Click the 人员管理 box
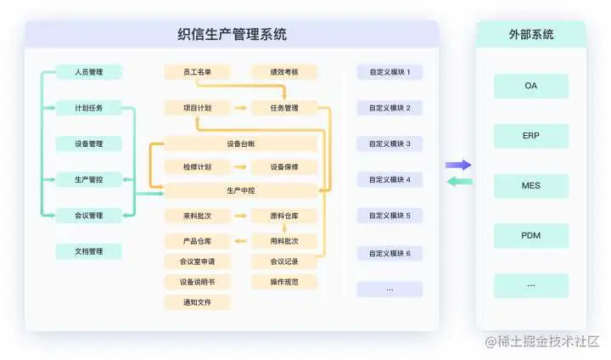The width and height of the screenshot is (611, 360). tap(89, 72)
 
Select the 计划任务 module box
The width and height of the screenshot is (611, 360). tap(89, 108)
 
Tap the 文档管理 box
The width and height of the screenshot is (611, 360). tap(89, 251)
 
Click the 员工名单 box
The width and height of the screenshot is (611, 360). tap(197, 72)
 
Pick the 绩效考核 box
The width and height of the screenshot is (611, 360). tap(283, 72)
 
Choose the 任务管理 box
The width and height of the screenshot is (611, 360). tap(283, 108)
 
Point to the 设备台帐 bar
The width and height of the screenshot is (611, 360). tap(240, 143)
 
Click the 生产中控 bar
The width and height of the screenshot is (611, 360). tap(240, 189)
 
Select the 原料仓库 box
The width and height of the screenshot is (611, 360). tap(283, 216)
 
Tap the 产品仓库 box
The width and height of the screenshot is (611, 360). tap(197, 241)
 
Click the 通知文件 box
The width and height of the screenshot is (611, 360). tap(197, 301)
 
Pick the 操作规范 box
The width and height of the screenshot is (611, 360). tap(283, 281)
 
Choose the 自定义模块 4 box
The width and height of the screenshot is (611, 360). tap(390, 180)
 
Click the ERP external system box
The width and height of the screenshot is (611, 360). tap(531, 136)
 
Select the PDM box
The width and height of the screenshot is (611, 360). tap(531, 235)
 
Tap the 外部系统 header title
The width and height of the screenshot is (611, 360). tap(531, 35)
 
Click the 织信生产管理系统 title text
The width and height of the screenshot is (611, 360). tap(232, 35)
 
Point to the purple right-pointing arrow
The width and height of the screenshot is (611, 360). tap(458, 165)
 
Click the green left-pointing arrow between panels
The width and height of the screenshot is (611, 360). tap(458, 181)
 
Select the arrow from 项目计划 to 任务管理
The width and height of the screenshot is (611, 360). tap(240, 109)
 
